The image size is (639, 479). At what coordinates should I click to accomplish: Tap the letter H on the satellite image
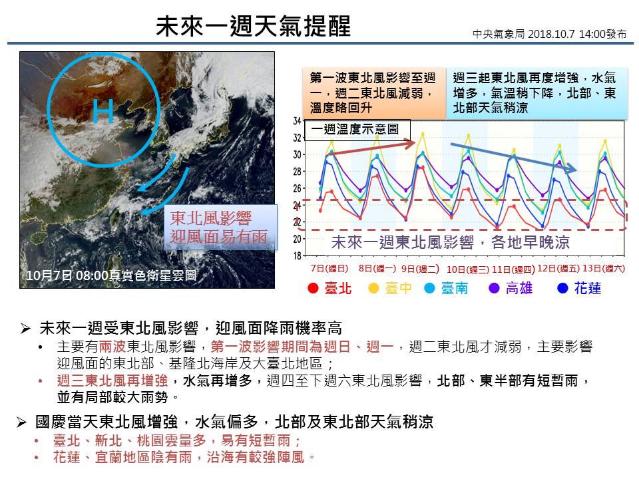[104, 111]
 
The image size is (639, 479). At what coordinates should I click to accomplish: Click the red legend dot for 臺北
[312, 289]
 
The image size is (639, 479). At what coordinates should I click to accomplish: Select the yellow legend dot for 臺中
[373, 289]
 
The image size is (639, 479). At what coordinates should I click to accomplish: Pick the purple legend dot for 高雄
[494, 289]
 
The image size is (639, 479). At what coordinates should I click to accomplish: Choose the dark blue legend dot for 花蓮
[562, 289]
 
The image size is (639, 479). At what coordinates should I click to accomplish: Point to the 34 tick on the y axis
[298, 121]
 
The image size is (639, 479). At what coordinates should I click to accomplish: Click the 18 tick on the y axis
[298, 255]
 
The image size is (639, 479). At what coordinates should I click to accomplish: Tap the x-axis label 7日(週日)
[329, 268]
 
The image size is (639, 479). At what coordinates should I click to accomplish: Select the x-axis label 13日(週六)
[603, 268]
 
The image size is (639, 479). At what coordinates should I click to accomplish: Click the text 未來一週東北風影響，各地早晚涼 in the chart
[450, 241]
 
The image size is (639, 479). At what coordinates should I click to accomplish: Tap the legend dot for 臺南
[430, 289]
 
